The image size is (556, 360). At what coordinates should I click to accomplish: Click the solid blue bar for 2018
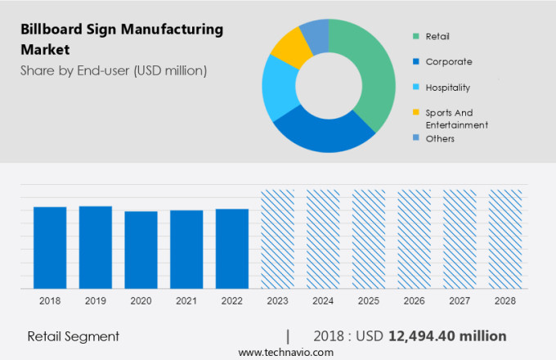pyautogui.click(x=50, y=247)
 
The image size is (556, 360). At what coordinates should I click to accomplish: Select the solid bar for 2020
pyautogui.click(x=141, y=250)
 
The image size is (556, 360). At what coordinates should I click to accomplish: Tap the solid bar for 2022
pyautogui.click(x=232, y=249)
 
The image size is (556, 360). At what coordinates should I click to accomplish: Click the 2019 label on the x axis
pyautogui.click(x=96, y=301)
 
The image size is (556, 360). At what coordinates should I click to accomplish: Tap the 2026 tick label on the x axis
pyautogui.click(x=414, y=301)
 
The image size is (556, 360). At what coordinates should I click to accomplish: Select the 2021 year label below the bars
pyautogui.click(x=186, y=301)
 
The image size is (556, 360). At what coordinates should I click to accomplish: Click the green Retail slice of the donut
pyautogui.click(x=364, y=74)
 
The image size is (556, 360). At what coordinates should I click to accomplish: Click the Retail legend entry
pyautogui.click(x=437, y=36)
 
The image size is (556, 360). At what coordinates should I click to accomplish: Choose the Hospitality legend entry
pyautogui.click(x=447, y=88)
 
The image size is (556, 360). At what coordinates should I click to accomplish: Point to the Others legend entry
pyautogui.click(x=439, y=138)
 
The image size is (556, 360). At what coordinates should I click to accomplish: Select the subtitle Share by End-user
pyautogui.click(x=114, y=70)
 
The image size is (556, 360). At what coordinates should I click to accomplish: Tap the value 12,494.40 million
pyautogui.click(x=446, y=335)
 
